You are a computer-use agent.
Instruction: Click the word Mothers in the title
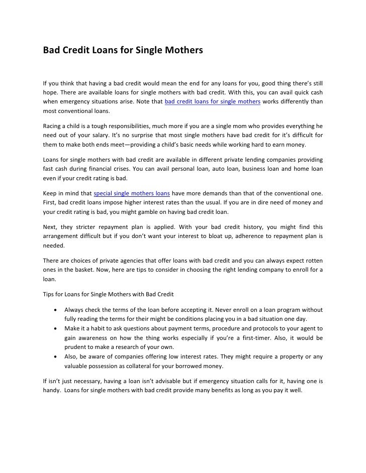tap(180, 50)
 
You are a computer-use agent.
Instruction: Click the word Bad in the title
tap(50, 50)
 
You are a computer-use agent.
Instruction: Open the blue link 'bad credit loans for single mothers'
tap(212, 102)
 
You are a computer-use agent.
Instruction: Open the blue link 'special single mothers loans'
tap(132, 193)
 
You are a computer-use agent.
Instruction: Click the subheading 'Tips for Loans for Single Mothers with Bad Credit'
tap(108, 294)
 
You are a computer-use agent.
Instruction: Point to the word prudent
tap(76, 347)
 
